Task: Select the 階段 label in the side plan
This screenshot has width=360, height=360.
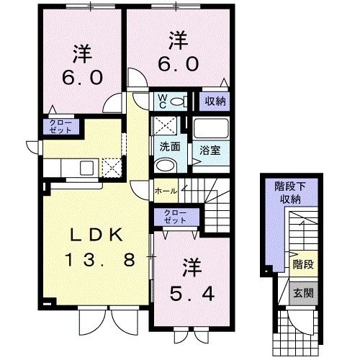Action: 303,265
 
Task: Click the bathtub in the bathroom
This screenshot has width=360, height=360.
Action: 210,129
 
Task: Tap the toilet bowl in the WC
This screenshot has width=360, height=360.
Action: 179,101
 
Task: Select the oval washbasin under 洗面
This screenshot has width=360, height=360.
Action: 165,164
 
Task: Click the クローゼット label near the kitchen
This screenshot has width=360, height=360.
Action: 60,127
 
